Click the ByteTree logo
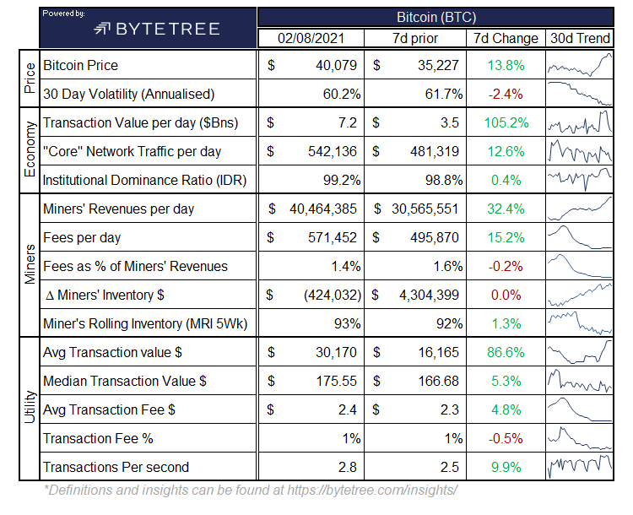[157, 29]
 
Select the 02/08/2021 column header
[311, 38]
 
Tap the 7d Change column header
[506, 38]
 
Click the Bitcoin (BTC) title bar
[436, 18]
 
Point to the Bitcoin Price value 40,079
[336, 65]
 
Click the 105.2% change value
[506, 122]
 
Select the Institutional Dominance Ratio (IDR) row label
[144, 180]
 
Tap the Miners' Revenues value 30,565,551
[425, 209]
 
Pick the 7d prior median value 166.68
[438, 381]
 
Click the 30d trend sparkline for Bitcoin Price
[580, 65]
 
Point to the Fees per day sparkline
[580, 237]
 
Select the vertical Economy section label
[30, 149]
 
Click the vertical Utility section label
[30, 407]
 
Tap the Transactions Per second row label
[116, 467]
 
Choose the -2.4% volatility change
[506, 94]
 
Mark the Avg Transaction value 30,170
[336, 352]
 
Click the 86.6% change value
[506, 352]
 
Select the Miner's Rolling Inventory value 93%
[347, 323]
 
